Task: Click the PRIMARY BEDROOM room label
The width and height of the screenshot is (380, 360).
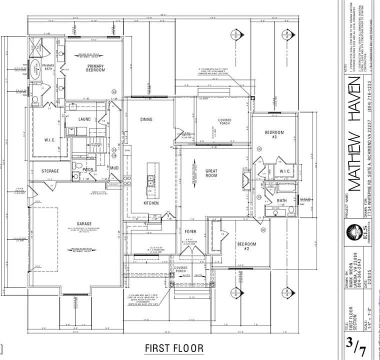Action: pyautogui.click(x=96, y=68)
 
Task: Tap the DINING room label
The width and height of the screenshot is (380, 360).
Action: pyautogui.click(x=146, y=119)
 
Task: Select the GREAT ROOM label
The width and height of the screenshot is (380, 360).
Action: pyautogui.click(x=211, y=173)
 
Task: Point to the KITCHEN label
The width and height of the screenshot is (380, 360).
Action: pyautogui.click(x=151, y=203)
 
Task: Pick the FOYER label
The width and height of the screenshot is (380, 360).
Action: pyautogui.click(x=191, y=231)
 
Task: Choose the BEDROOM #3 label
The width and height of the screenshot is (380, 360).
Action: pyautogui.click(x=274, y=135)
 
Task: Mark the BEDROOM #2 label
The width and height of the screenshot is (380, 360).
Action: pyautogui.click(x=246, y=246)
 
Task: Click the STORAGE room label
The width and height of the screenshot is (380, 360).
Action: pyautogui.click(x=50, y=171)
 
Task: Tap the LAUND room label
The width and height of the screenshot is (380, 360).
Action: pyautogui.click(x=84, y=119)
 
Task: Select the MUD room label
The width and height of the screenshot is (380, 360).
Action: pyautogui.click(x=114, y=168)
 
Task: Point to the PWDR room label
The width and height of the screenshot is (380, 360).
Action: pyautogui.click(x=88, y=169)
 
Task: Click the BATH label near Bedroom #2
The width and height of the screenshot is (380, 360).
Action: pyautogui.click(x=281, y=200)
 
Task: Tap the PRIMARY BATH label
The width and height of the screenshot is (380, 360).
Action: pyautogui.click(x=48, y=68)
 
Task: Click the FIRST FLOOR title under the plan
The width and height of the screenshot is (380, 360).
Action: pyautogui.click(x=174, y=347)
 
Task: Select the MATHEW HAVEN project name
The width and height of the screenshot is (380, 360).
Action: pyautogui.click(x=354, y=137)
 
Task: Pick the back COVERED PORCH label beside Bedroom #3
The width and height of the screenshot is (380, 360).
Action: pyautogui.click(x=224, y=122)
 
